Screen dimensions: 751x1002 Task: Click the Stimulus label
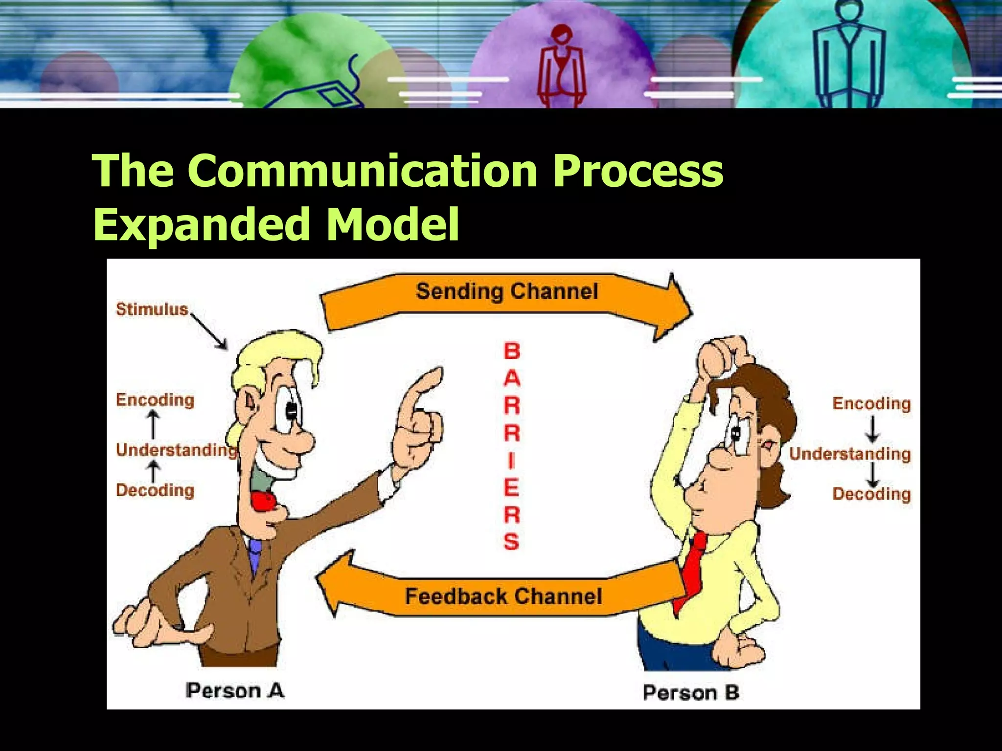[152, 309]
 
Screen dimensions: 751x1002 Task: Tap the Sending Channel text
[507, 291]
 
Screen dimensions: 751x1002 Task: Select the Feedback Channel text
[503, 596]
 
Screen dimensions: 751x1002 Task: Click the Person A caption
[235, 691]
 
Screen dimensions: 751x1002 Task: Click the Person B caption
[690, 693]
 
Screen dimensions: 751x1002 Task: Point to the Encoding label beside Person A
[155, 400]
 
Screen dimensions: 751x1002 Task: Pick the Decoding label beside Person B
[871, 494]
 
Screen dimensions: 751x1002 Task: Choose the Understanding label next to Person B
[850, 454]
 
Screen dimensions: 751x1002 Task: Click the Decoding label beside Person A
[155, 490]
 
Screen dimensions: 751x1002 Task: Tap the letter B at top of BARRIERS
[512, 351]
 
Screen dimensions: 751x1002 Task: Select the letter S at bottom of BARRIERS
[511, 542]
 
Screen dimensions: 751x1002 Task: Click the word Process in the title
[638, 171]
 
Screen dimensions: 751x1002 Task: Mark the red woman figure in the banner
[561, 64]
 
